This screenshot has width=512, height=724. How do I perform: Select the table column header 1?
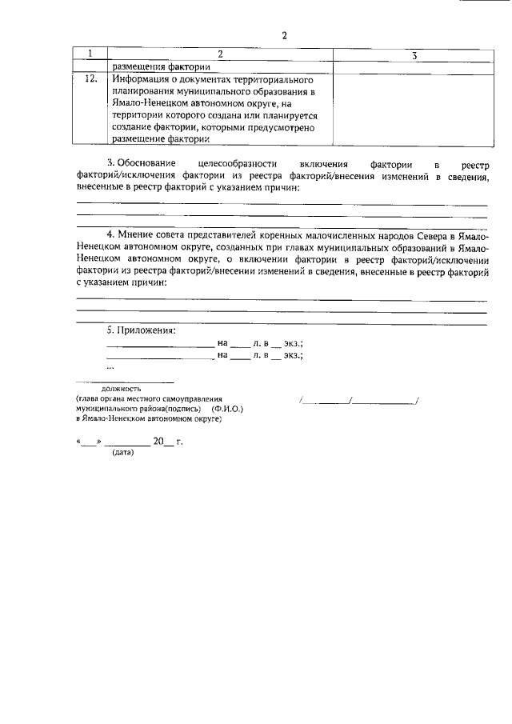tap(90, 55)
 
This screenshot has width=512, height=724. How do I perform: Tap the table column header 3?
tap(414, 56)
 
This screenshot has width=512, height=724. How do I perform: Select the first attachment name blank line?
tap(160, 345)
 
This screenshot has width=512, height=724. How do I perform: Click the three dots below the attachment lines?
tap(110, 367)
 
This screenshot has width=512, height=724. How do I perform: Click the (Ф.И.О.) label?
tap(227, 408)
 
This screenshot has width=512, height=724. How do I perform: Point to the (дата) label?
tap(122, 452)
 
